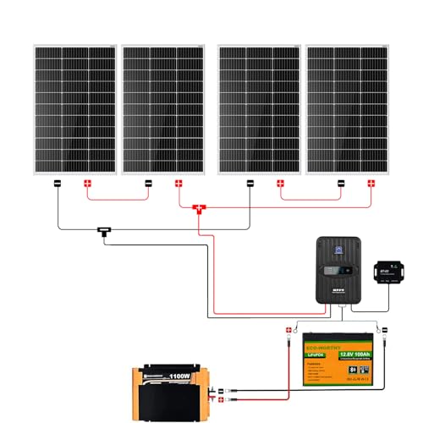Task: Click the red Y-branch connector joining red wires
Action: [x=200, y=209]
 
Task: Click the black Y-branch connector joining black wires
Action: [x=106, y=230]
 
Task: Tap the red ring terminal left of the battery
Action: [x=287, y=330]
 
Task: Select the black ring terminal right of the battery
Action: [x=382, y=330]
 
